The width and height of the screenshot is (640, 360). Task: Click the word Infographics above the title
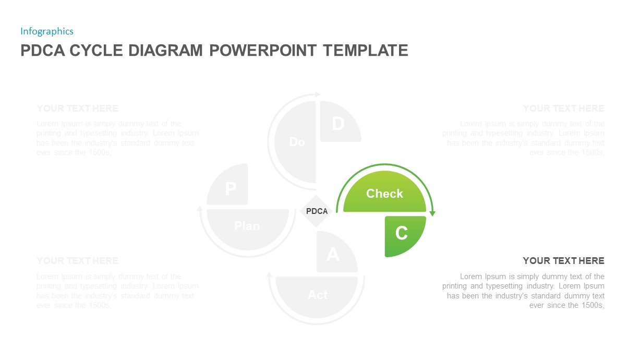[x=47, y=31]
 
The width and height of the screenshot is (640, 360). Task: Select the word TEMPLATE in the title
[x=365, y=51]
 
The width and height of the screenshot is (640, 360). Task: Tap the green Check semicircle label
[x=384, y=194]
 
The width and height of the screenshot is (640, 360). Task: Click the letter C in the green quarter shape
[x=401, y=233]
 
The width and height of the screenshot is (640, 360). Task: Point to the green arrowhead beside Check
[x=432, y=213]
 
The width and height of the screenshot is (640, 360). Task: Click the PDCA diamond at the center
[x=317, y=211]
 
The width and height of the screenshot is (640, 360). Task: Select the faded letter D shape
[x=338, y=124]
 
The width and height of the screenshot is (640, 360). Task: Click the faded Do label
[x=297, y=142]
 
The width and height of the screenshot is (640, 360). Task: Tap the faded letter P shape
[x=230, y=188]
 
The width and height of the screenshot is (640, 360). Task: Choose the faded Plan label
[x=247, y=226]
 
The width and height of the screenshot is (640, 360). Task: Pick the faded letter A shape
[x=333, y=255]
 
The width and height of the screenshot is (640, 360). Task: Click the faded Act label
[x=317, y=295]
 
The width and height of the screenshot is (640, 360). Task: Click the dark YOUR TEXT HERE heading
[x=563, y=261]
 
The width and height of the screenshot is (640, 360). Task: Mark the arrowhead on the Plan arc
[x=200, y=209]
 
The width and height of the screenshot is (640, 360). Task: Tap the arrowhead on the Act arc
[x=270, y=275]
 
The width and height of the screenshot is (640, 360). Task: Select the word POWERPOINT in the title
[x=263, y=51]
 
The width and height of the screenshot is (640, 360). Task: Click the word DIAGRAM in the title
[x=166, y=51]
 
